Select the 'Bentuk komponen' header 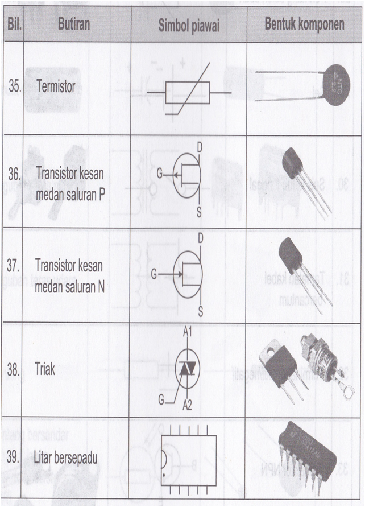[304, 25]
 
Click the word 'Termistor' [55, 87]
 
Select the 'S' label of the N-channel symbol [200, 310]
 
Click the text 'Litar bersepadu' [67, 456]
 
